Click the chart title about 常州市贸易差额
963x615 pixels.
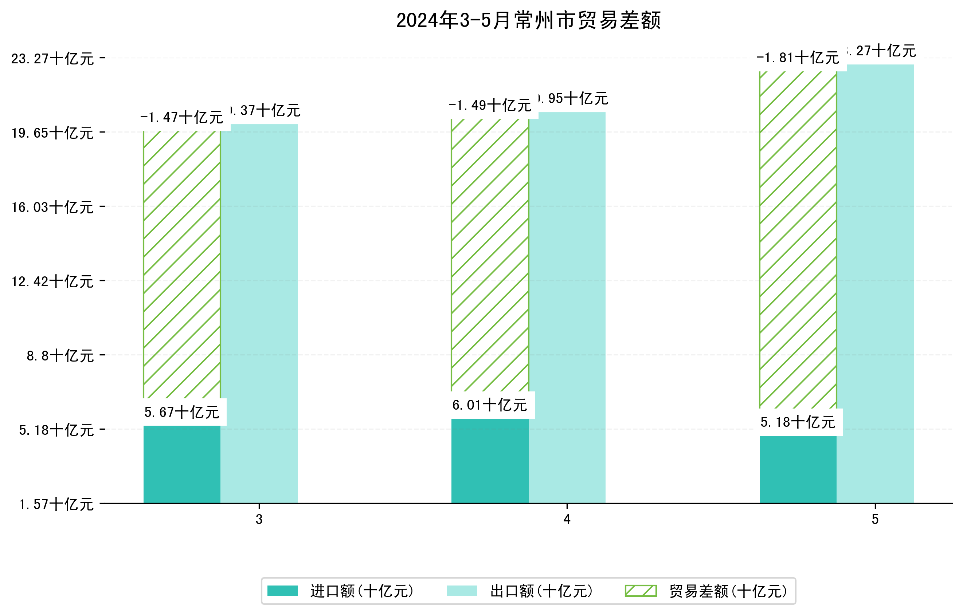528,20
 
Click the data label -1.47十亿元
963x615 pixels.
181,118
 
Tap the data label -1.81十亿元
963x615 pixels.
798,58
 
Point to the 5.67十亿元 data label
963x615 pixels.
181,412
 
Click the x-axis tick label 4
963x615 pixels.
567,519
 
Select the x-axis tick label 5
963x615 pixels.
875,519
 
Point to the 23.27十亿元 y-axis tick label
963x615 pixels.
52,59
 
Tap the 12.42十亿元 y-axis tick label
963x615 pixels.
52,281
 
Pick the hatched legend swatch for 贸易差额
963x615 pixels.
641,591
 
